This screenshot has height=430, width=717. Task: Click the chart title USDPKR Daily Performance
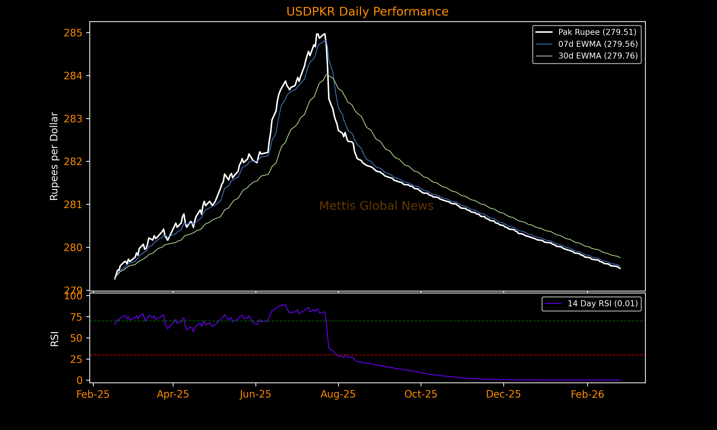coord(367,12)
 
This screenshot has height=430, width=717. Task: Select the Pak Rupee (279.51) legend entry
coord(597,32)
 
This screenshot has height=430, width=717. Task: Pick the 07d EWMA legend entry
coord(597,44)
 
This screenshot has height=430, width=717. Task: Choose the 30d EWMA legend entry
coord(597,56)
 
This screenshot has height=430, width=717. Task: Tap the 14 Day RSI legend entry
coord(603,304)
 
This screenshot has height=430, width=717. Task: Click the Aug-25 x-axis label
coord(338,394)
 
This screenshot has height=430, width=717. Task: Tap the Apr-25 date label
coord(173,394)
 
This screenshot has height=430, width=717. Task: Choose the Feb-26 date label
coord(587,394)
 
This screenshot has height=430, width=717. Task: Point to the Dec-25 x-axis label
coord(503,394)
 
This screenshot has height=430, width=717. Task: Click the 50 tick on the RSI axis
coord(76,338)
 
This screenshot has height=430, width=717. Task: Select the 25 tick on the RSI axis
coord(76,359)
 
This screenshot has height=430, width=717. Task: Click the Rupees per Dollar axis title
coord(54,156)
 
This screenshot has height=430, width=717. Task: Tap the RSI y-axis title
coord(54,339)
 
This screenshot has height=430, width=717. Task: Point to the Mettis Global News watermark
coord(376,206)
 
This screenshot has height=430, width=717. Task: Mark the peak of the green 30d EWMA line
coord(327,75)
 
